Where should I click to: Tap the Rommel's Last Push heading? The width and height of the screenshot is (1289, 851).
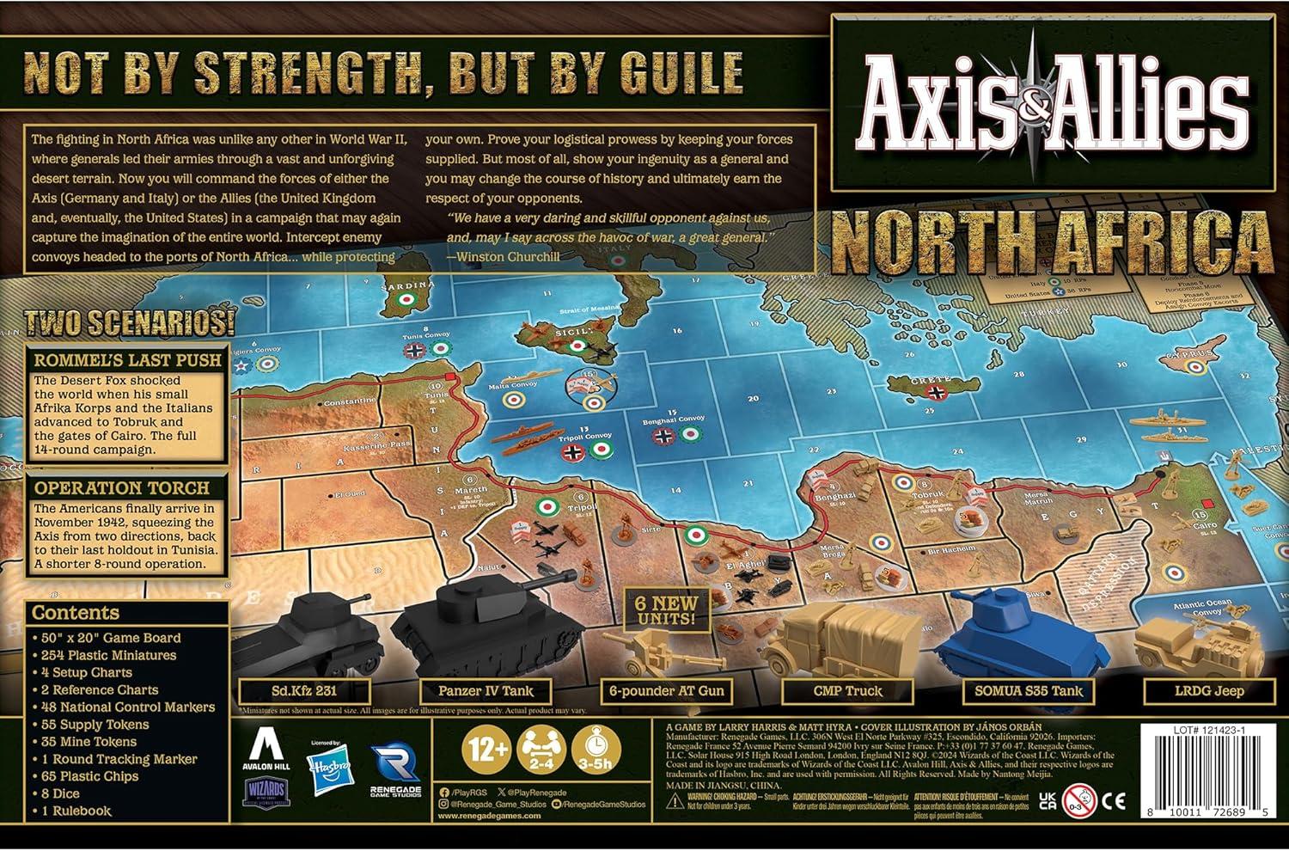(x=127, y=360)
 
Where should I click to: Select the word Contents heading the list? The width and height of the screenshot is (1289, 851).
(x=76, y=613)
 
